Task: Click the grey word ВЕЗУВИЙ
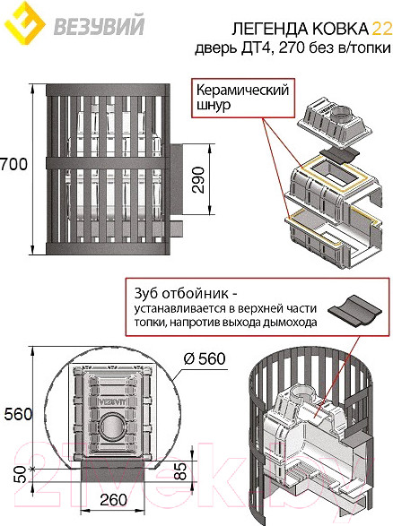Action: click(99, 25)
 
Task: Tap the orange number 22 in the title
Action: click(381, 30)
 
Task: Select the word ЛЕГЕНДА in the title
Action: click(270, 30)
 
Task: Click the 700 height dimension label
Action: click(13, 164)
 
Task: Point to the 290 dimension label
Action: click(199, 179)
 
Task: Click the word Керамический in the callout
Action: click(242, 91)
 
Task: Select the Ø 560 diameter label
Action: click(205, 358)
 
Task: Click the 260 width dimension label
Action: click(114, 500)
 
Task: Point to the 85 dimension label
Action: click(180, 471)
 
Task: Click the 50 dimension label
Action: click(22, 474)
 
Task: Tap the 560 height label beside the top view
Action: click(18, 414)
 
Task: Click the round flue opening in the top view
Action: click(113, 427)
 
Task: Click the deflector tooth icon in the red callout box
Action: click(354, 311)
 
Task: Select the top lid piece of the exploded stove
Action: click(334, 123)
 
